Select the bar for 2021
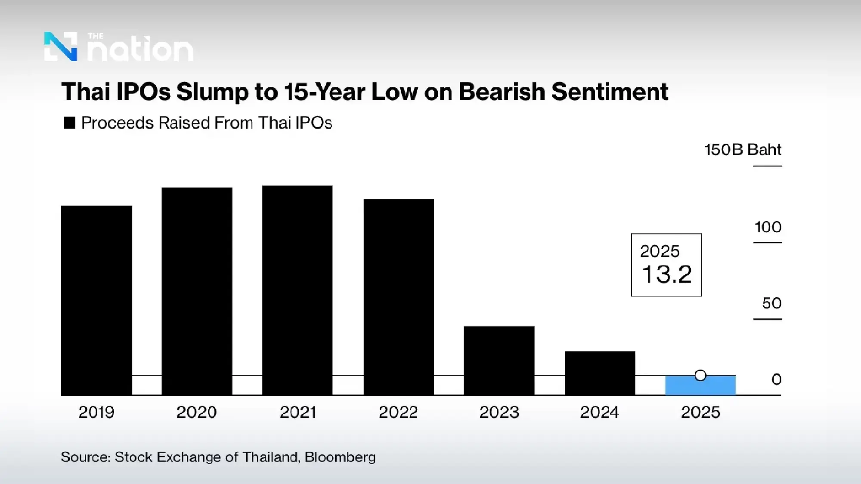click(x=297, y=290)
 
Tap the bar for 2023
click(x=499, y=360)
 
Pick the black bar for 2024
click(x=600, y=373)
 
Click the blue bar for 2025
click(x=700, y=386)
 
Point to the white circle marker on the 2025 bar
click(x=700, y=376)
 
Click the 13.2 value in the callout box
click(x=666, y=274)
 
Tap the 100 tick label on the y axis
click(x=768, y=227)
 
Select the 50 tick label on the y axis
click(x=771, y=303)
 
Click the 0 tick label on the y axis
click(x=776, y=379)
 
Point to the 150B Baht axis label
click(x=743, y=149)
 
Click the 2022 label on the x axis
click(x=398, y=412)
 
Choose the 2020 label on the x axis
click(x=196, y=412)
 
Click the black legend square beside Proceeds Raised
click(x=69, y=123)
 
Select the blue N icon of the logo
click(x=61, y=46)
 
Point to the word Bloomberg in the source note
click(x=340, y=457)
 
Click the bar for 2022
click(x=399, y=297)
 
